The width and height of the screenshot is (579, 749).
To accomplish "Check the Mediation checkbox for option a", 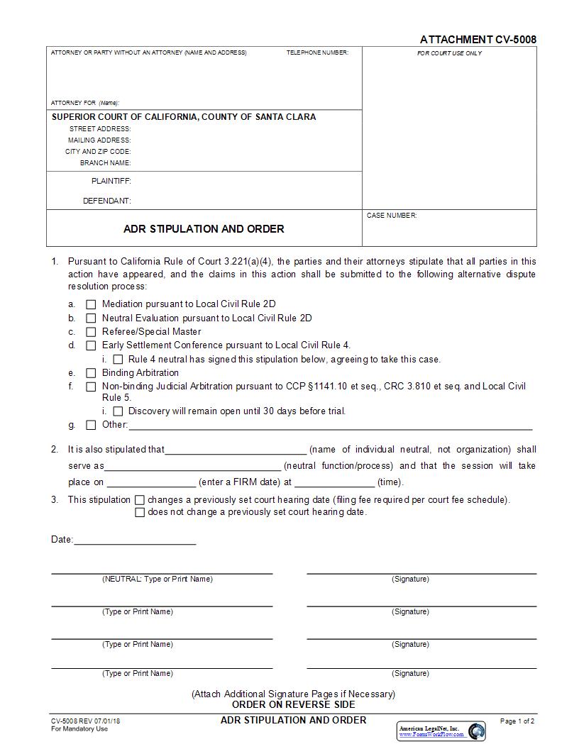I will (x=91, y=304).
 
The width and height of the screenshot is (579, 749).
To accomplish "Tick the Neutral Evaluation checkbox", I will (x=91, y=318).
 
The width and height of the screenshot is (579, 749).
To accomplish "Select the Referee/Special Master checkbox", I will (x=91, y=332).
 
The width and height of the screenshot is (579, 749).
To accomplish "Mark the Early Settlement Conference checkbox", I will (x=91, y=345).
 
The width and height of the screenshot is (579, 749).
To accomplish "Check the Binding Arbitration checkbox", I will (x=91, y=373).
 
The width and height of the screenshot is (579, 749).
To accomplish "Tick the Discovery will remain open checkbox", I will (x=118, y=411).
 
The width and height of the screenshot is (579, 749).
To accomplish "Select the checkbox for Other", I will (x=91, y=426).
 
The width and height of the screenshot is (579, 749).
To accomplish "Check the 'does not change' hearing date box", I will (x=140, y=513).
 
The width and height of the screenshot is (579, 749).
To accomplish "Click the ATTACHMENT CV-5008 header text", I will (x=478, y=40).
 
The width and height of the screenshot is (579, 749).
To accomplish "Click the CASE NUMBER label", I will (x=392, y=216).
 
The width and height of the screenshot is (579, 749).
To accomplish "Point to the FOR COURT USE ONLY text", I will (x=449, y=53).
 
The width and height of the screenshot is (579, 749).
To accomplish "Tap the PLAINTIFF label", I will (x=111, y=182).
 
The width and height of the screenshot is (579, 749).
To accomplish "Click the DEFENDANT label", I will (x=106, y=201).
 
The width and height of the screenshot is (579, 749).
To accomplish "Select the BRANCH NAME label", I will (x=105, y=163).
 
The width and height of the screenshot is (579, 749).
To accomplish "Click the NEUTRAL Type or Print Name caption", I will (x=157, y=579).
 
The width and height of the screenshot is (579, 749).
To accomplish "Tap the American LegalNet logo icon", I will (x=477, y=731).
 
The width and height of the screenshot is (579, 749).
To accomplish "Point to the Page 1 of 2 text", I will (x=517, y=721).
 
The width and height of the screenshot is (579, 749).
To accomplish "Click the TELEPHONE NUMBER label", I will (x=317, y=53).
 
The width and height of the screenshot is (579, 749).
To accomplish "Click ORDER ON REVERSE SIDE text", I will (x=293, y=704).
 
